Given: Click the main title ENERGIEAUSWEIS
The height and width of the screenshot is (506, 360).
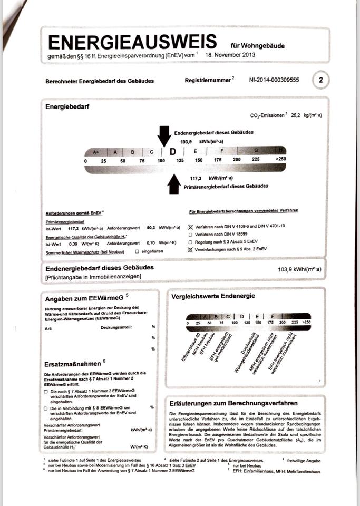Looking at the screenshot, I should pos(132,42).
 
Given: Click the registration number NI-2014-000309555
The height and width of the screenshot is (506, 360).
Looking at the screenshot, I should pos(274,81).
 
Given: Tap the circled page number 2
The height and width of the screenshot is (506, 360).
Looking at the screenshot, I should pos(321,81).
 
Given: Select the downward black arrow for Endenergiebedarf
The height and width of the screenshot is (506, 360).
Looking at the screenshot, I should pos(164,135).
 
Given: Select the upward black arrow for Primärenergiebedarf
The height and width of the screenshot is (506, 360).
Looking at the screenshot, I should pos(174,184).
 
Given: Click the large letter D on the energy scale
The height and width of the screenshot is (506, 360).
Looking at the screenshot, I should pos(172,152).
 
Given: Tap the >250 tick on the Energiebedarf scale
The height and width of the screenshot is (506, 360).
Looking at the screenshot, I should pos(280,160).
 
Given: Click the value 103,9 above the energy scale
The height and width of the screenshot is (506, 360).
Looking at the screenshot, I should pos(186,142).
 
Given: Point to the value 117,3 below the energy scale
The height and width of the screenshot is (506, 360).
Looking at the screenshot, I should pos(197,179).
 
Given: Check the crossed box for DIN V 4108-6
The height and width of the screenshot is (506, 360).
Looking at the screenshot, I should pos(191,226).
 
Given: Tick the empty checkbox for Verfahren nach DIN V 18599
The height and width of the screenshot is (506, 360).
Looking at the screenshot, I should pos(191,234).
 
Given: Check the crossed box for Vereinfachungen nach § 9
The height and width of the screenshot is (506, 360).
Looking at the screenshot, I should pos(191,250).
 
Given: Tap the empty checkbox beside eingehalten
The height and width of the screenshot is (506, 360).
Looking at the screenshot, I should pos(137,252).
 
